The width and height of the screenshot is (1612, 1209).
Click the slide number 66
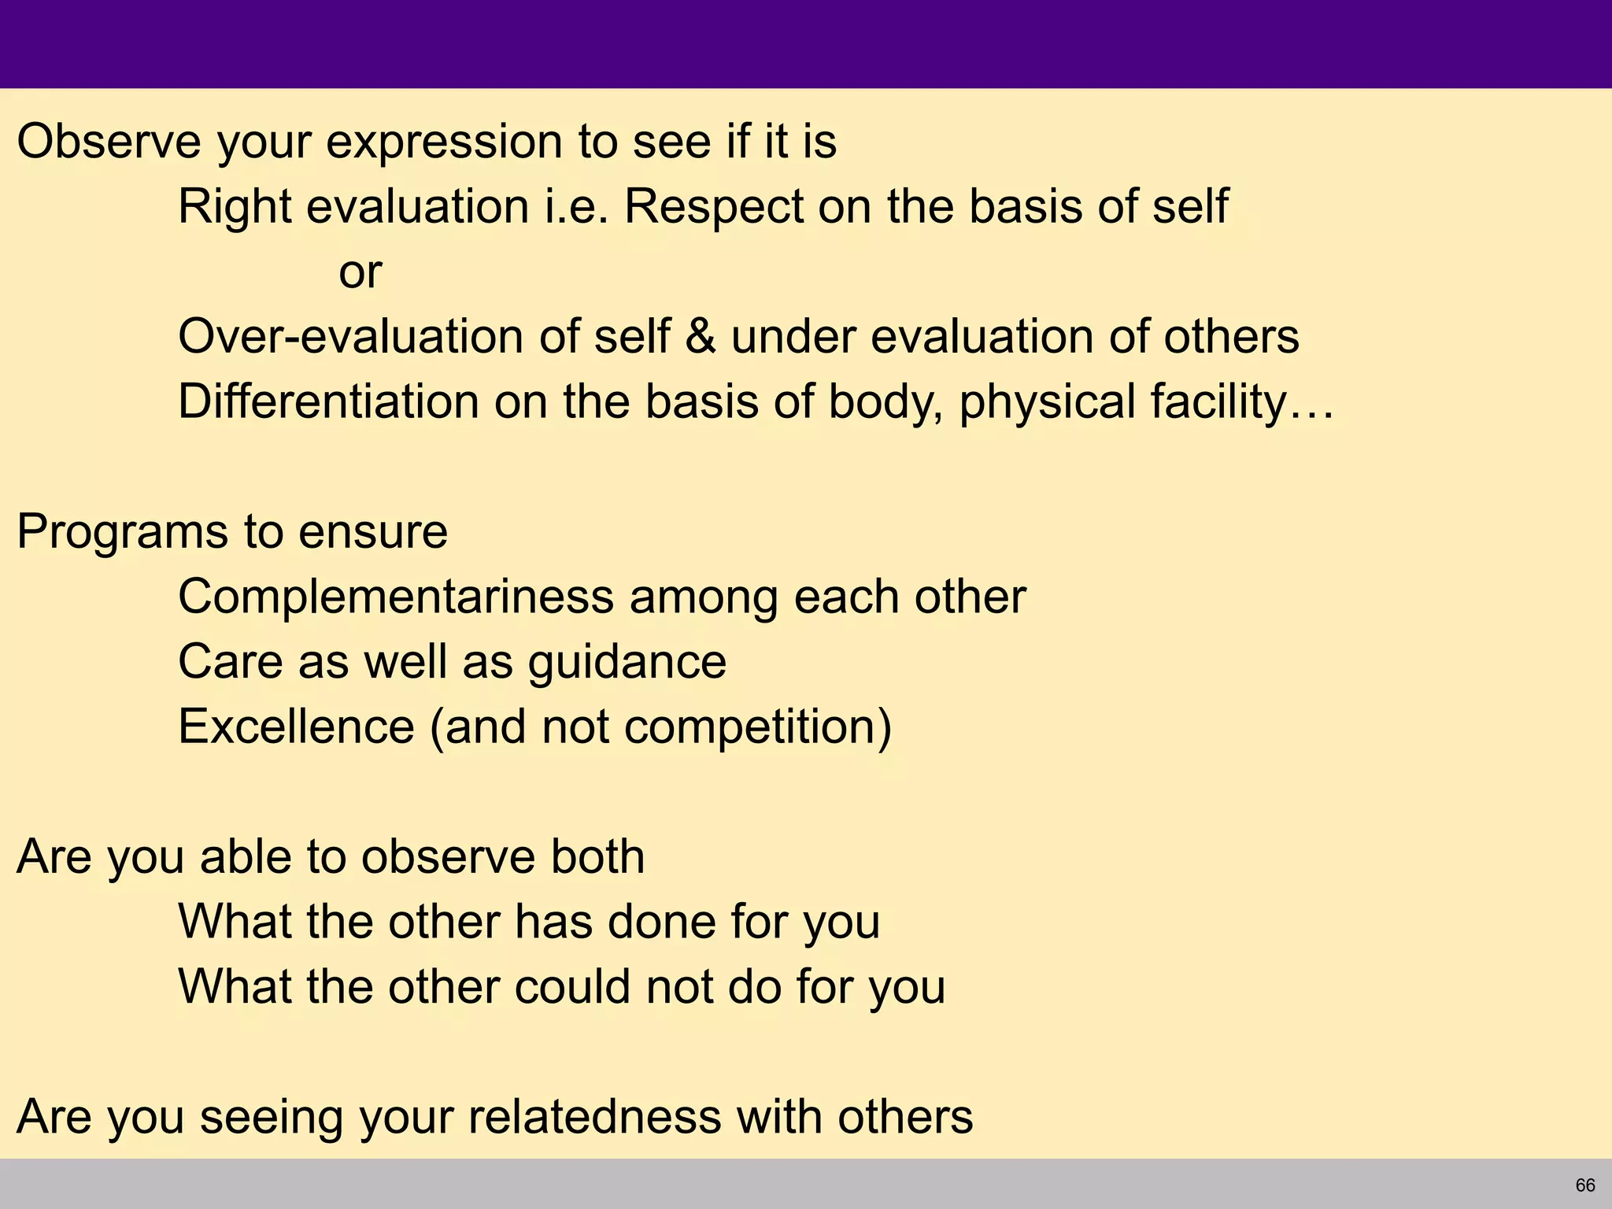[x=1585, y=1185]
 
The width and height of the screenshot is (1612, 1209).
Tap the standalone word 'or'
[x=360, y=272]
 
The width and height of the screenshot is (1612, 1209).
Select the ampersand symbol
[x=700, y=337]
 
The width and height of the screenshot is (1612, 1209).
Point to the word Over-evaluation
[x=350, y=337]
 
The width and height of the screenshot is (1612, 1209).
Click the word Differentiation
[x=328, y=402]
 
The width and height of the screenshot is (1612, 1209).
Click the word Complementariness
[x=395, y=597]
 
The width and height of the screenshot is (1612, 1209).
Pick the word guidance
[x=627, y=662]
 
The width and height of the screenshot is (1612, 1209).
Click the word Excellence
[x=296, y=727]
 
